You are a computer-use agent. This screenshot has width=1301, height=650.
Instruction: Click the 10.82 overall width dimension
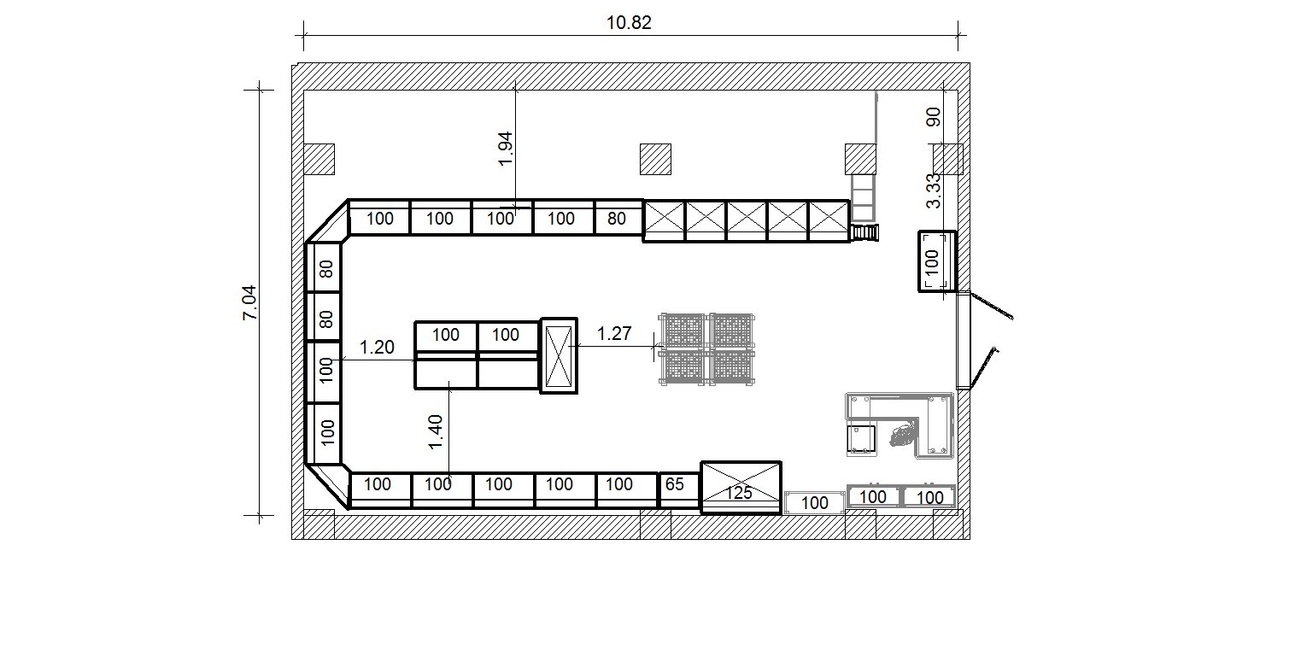[629, 23]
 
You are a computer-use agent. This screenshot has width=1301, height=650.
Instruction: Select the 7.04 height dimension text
[249, 302]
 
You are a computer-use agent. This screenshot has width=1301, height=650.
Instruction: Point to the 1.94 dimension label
[506, 149]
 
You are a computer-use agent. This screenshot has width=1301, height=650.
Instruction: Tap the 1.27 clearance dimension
[614, 333]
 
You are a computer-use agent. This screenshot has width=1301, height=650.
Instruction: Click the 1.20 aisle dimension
[377, 347]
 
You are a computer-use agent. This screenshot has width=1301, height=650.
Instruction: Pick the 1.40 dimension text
[436, 432]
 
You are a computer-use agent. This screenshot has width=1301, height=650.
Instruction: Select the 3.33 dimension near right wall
[934, 190]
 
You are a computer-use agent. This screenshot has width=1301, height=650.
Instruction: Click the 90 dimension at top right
[934, 117]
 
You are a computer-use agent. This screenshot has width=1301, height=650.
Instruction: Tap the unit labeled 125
[741, 488]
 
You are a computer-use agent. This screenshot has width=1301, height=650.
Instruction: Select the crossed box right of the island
[559, 355]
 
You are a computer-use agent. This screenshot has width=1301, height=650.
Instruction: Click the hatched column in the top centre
[656, 159]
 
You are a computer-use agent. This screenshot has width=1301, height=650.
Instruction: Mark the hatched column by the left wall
[319, 159]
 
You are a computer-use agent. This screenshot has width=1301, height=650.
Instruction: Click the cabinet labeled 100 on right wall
[937, 261]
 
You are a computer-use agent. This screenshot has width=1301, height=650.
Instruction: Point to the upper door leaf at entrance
[992, 306]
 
